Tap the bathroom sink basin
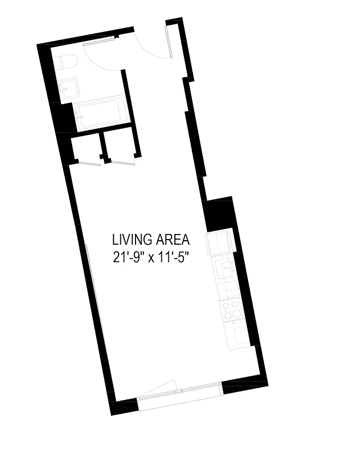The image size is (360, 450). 69,89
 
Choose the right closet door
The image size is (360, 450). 123,163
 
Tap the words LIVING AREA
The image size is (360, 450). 151,240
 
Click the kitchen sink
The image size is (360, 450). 226,271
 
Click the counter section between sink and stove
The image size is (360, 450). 229,290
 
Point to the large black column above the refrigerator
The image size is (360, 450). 220,214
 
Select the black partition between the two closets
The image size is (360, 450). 102,145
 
